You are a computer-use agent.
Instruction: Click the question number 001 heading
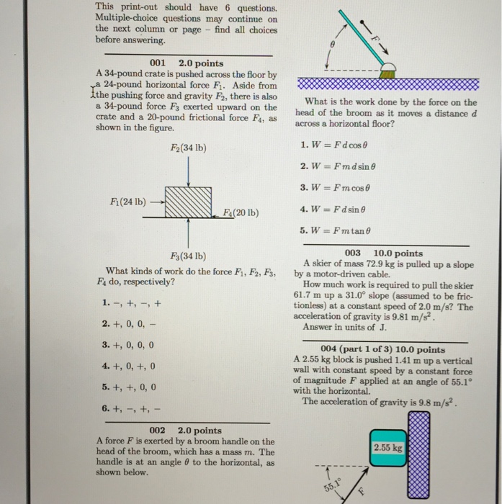(x=158, y=63)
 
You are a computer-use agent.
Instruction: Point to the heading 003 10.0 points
(x=384, y=253)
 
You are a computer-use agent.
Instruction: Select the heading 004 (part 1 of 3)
(x=382, y=350)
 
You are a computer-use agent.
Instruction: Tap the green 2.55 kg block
(x=390, y=447)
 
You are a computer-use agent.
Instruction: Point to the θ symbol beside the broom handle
(x=332, y=44)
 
